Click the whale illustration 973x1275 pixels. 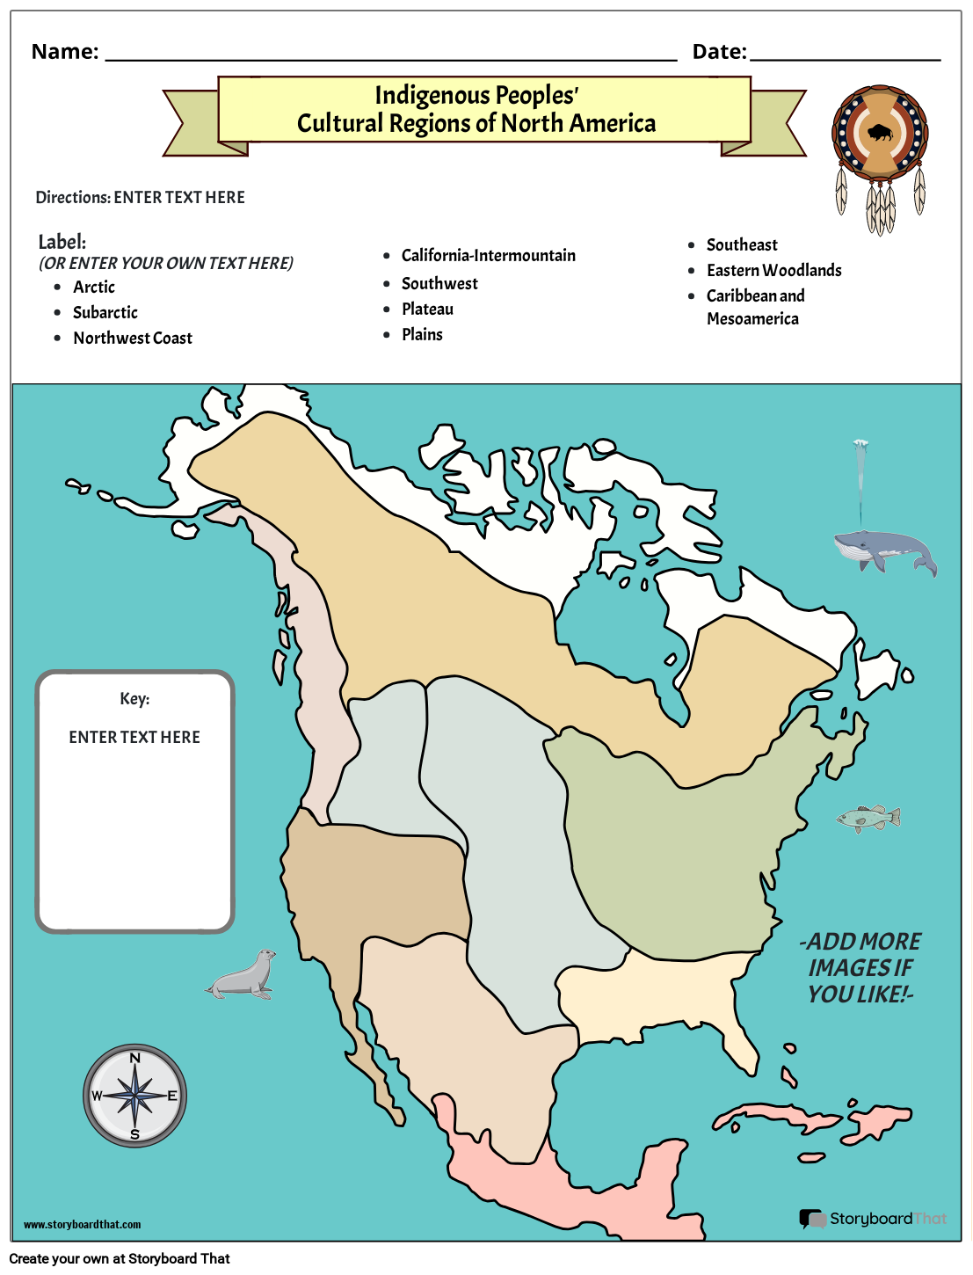(x=883, y=551)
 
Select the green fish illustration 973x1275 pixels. (x=868, y=819)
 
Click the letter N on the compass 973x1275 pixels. (x=135, y=1059)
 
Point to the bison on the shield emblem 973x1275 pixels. (x=880, y=134)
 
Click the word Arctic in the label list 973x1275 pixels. (x=94, y=288)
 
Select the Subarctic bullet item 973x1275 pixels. (x=105, y=313)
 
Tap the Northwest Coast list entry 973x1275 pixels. (x=133, y=339)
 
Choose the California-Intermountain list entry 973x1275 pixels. (x=489, y=256)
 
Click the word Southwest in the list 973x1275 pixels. (x=439, y=284)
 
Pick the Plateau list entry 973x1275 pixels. (x=427, y=310)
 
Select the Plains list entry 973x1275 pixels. (x=422, y=335)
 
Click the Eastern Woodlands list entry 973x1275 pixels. (x=773, y=271)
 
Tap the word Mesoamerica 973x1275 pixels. (x=752, y=319)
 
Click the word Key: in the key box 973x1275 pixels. (x=134, y=699)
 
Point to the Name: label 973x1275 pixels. (x=65, y=52)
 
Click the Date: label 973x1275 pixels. (x=719, y=52)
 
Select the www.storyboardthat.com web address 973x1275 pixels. (x=82, y=1225)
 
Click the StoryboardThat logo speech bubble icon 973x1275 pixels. (x=811, y=1219)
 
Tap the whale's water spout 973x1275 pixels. (x=860, y=479)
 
